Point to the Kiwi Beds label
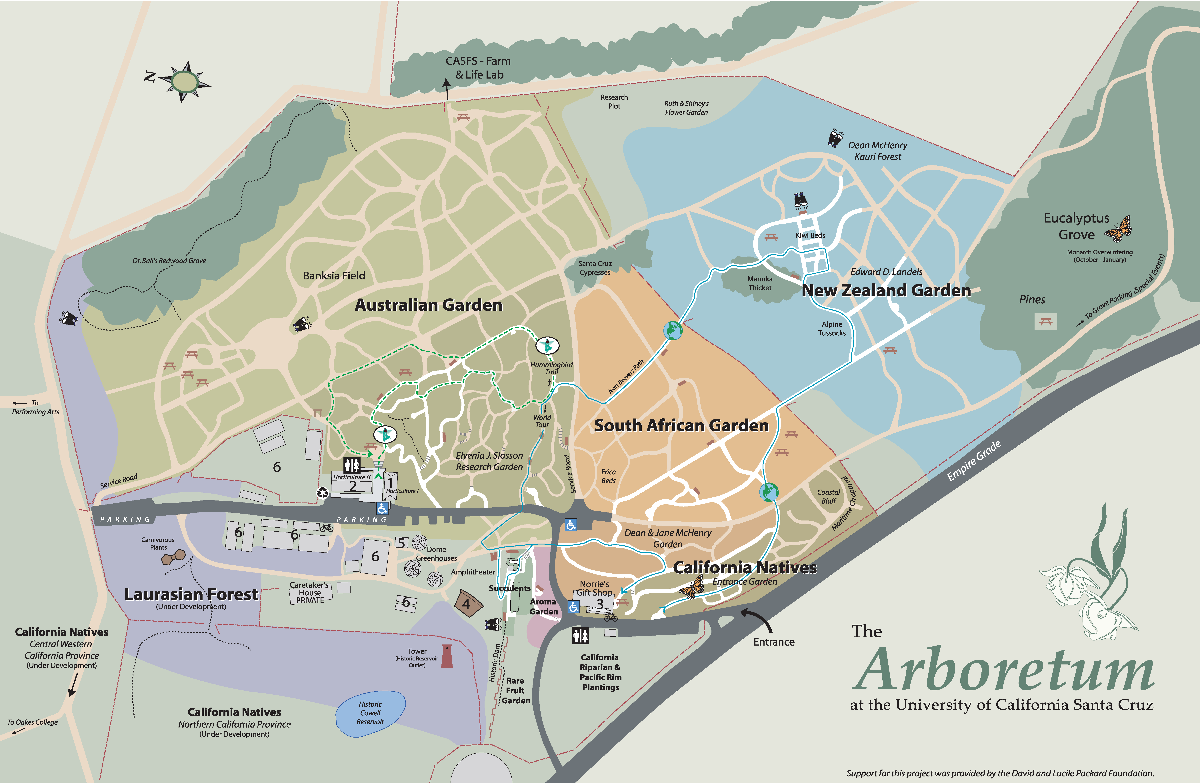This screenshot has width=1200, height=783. (810, 235)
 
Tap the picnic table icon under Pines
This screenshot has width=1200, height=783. (1046, 321)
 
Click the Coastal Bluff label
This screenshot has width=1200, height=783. (828, 497)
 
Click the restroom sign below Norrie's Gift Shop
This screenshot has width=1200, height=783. (580, 636)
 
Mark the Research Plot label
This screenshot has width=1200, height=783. (614, 101)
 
